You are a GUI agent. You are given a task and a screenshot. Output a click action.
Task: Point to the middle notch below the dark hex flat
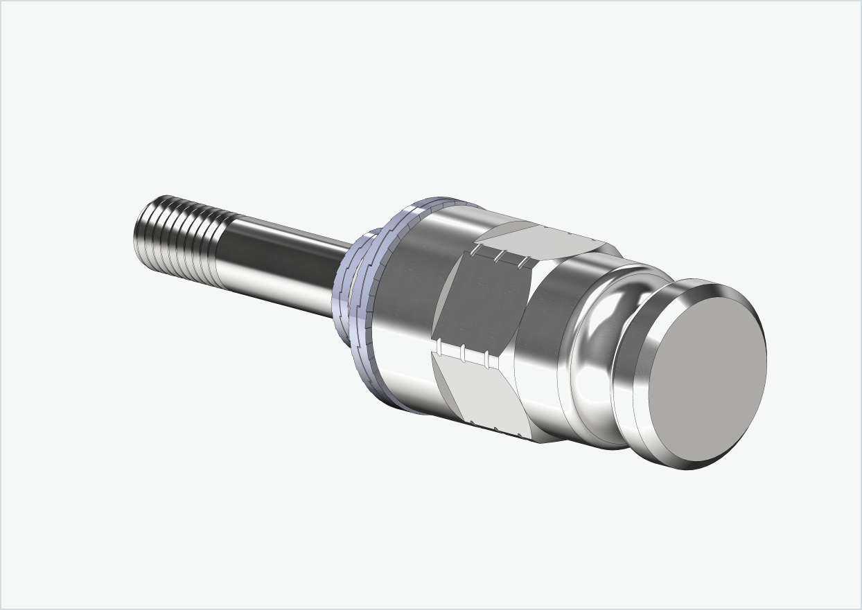pyautogui.click(x=461, y=352)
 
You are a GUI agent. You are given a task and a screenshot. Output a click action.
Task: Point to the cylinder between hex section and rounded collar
pyautogui.click(x=547, y=332)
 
